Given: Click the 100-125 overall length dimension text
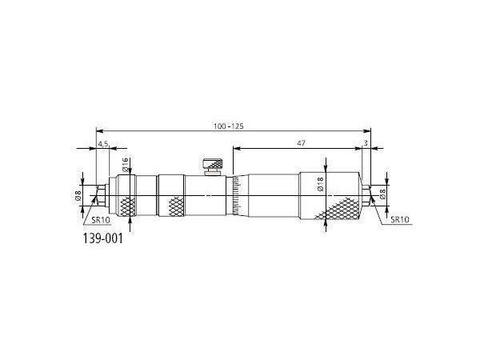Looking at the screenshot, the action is (229, 126).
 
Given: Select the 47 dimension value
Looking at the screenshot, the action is (302, 143).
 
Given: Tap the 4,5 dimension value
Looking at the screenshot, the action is (103, 143).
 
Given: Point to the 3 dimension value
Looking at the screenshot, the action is (366, 143).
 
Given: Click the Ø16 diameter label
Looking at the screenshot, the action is (125, 164).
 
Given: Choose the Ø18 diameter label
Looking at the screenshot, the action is (320, 184).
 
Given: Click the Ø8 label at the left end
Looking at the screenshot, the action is (78, 195).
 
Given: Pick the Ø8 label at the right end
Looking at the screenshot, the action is (382, 194).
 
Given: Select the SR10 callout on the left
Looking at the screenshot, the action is (101, 220).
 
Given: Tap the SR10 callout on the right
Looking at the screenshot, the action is (400, 219).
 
